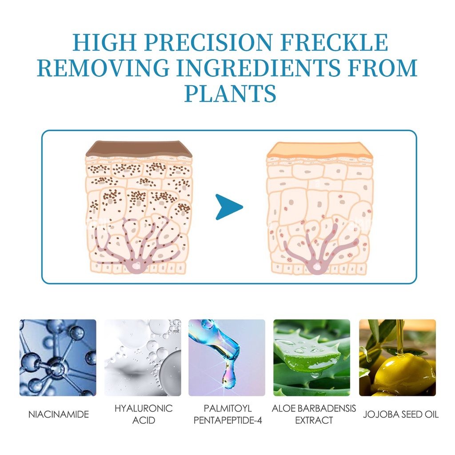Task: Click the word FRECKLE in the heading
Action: tap(334, 42)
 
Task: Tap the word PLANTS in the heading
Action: tap(230, 93)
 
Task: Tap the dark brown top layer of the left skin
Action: tap(139, 149)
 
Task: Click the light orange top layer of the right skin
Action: tap(319, 150)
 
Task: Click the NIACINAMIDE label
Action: tap(59, 415)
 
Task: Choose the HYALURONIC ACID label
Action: tap(144, 415)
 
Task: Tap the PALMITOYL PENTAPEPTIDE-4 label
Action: tap(228, 415)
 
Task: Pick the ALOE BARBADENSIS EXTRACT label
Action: tap(314, 415)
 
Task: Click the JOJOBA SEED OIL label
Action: tap(401, 415)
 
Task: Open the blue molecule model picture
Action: tap(58, 358)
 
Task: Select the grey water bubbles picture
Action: tap(143, 358)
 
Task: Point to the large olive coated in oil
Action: tap(403, 373)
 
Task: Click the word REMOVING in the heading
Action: tap(103, 68)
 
